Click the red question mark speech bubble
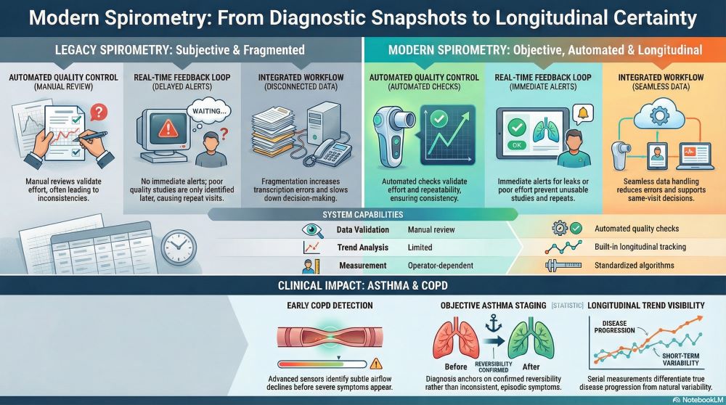click(x=99, y=112)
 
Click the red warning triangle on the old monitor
click(x=168, y=128)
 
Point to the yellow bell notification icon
click(x=583, y=113)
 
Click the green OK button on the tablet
click(x=517, y=145)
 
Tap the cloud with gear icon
click(x=659, y=115)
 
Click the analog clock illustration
click(x=179, y=247)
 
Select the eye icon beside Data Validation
click(x=312, y=230)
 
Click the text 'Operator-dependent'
click(x=441, y=266)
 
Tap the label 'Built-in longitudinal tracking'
click(x=640, y=247)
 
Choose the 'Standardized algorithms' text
click(x=634, y=266)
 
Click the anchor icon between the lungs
click(x=493, y=322)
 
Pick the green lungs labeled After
click(x=531, y=338)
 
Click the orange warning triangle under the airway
click(x=376, y=364)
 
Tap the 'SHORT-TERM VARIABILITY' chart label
click(x=681, y=360)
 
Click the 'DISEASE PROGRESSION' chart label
click(x=614, y=327)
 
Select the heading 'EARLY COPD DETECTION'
click(x=330, y=306)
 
